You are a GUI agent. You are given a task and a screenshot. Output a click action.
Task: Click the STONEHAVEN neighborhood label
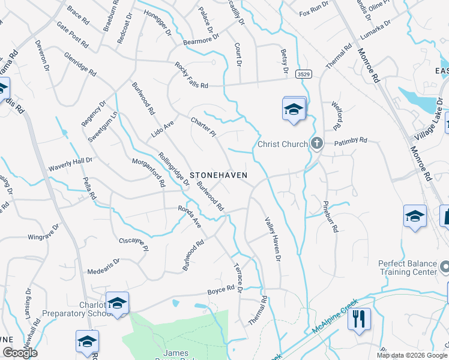[x=219, y=175]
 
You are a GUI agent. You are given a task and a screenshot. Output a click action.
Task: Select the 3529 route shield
[x=304, y=74]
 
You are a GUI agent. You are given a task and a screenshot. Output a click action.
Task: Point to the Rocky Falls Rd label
[x=191, y=76]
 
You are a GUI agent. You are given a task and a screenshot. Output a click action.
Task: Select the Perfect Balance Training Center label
[x=408, y=268]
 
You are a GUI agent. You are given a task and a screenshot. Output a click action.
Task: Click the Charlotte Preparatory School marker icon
[x=117, y=302]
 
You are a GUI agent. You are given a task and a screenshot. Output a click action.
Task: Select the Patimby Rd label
[x=351, y=143]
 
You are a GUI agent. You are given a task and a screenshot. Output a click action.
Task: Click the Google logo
[x=19, y=352]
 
